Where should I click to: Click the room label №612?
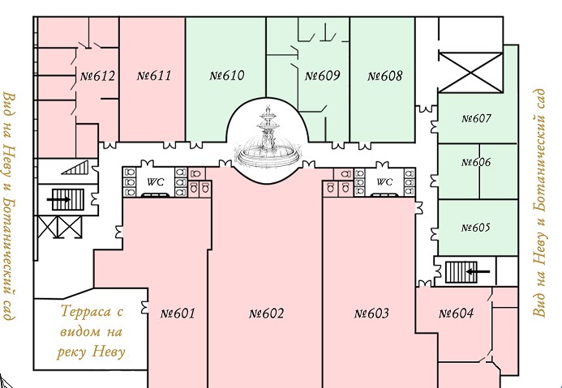tap(98, 76)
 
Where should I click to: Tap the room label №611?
tap(154, 75)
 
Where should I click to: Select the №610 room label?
tap(227, 75)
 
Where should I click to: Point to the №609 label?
tap(322, 75)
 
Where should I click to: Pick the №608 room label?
tap(385, 75)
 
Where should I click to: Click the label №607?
tap(476, 118)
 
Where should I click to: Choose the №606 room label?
tap(476, 162)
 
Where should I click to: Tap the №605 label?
tap(475, 228)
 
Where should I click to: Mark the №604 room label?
tap(456, 313)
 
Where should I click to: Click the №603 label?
tap(371, 313)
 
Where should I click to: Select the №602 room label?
tap(266, 313)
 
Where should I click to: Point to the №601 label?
tap(178, 313)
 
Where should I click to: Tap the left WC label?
tap(156, 182)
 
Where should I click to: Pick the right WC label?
tap(384, 182)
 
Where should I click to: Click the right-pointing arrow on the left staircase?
tap(58, 200)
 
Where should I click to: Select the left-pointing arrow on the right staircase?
tap(478, 271)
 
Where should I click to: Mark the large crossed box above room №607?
tap(470, 72)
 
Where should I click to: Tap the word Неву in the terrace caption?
tap(108, 352)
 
